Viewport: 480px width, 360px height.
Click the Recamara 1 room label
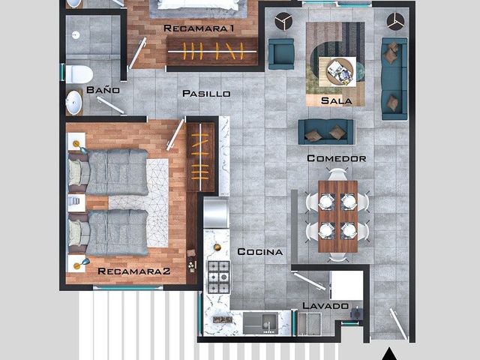(x=199, y=28)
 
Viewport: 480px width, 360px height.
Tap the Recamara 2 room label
(x=133, y=271)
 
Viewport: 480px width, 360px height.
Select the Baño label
(x=103, y=90)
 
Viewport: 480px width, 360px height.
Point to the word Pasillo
(x=206, y=93)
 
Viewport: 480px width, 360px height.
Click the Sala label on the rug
(x=337, y=100)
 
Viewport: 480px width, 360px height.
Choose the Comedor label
(x=337, y=158)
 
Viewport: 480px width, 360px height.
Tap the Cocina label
(x=260, y=252)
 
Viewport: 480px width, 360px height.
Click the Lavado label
(x=325, y=305)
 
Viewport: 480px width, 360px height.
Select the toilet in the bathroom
(x=79, y=74)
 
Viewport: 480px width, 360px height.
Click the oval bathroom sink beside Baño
(x=73, y=102)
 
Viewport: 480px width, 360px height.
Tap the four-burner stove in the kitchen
(x=218, y=277)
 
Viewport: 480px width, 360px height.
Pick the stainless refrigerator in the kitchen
(x=217, y=213)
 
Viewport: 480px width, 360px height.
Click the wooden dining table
(x=337, y=217)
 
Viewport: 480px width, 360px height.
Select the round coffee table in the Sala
(x=339, y=72)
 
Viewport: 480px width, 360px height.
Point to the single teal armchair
(x=281, y=54)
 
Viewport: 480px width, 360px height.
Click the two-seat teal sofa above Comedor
(x=326, y=132)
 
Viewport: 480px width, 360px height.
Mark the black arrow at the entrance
(x=389, y=354)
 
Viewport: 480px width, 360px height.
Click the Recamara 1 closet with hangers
(x=212, y=52)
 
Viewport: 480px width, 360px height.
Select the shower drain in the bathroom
(x=76, y=35)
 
